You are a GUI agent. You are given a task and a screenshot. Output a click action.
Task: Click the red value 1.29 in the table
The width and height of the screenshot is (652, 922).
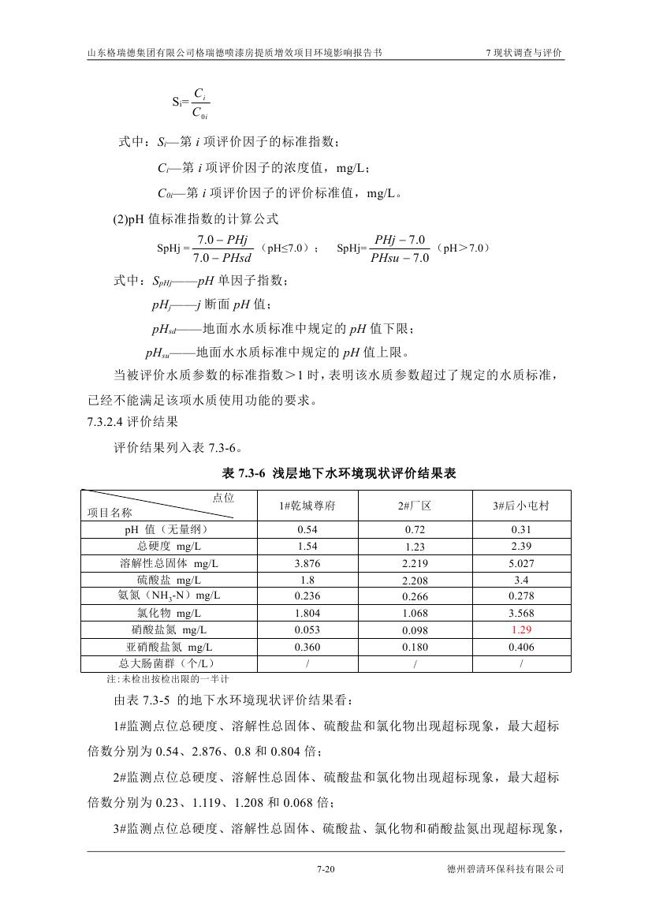[x=521, y=629]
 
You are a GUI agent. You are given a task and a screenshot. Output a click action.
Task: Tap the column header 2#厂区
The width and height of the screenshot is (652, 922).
[x=415, y=506]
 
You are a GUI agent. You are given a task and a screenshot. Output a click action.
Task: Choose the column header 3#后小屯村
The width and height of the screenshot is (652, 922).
[x=521, y=506]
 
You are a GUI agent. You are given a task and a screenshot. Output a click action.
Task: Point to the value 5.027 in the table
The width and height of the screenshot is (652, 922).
[x=521, y=563]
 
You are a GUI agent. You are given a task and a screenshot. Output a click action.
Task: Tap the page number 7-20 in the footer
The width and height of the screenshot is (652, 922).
[x=326, y=869]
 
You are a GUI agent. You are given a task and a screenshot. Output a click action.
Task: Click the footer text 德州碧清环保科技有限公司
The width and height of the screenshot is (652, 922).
[x=505, y=869]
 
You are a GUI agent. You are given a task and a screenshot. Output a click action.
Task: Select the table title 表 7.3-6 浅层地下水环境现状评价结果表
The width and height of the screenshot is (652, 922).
[x=340, y=473]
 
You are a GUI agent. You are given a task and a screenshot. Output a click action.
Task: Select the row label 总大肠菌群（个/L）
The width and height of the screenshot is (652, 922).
[x=167, y=663]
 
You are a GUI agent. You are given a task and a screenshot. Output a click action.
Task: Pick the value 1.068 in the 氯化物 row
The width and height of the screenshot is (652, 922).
[x=415, y=614]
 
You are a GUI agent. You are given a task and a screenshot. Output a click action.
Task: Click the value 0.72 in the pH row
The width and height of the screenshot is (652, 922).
[x=415, y=529]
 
